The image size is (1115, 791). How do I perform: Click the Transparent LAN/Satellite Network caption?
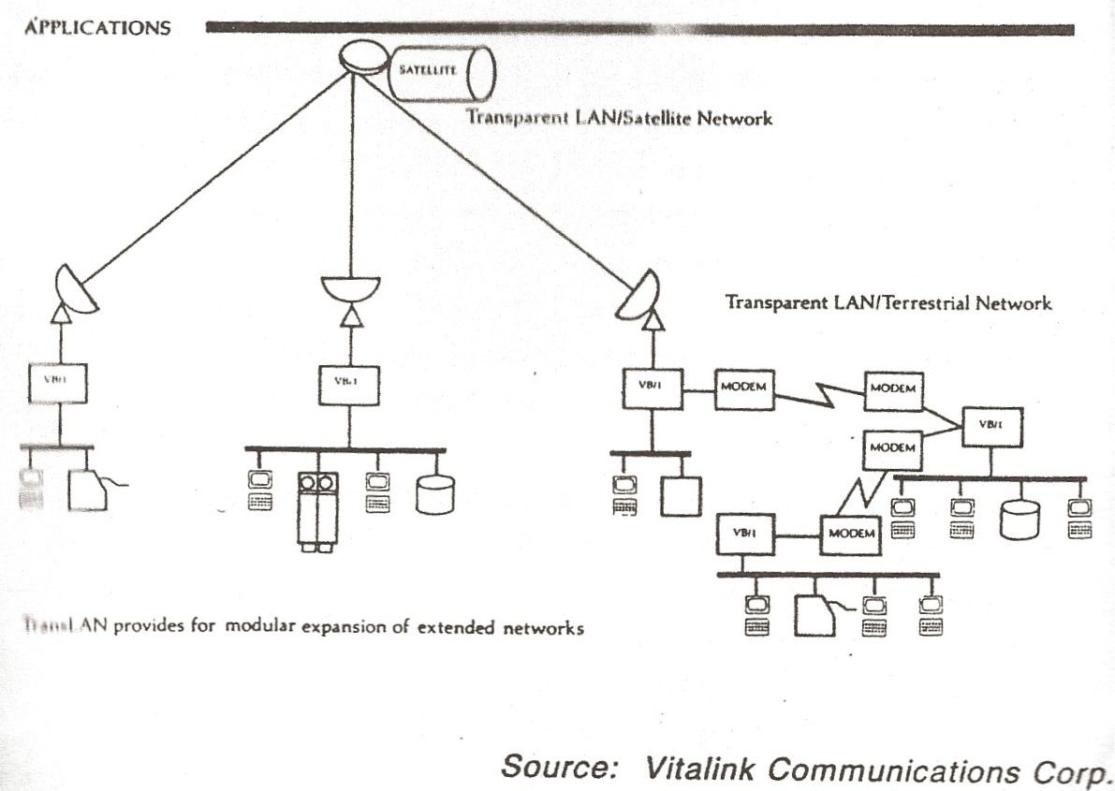[x=620, y=120]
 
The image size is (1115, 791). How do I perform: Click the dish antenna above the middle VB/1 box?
[x=350, y=287]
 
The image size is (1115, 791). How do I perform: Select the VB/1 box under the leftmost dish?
[x=58, y=381]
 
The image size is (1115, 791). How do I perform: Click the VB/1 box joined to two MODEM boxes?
[x=989, y=425]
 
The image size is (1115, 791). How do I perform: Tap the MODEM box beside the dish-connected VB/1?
[x=745, y=388]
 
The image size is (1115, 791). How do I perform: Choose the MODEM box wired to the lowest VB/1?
[x=852, y=534]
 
